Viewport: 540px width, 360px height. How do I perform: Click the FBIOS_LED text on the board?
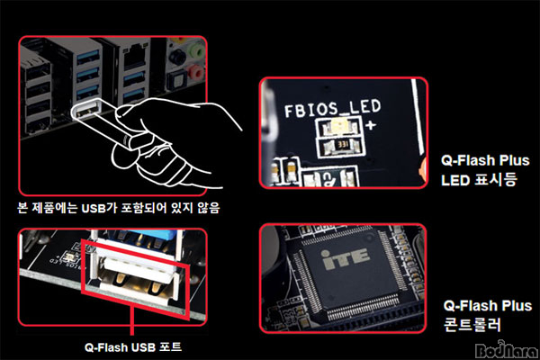(333, 107)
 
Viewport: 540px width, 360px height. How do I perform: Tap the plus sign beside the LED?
(371, 125)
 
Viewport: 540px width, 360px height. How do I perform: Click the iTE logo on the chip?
(345, 258)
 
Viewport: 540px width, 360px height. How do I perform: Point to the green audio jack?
(195, 52)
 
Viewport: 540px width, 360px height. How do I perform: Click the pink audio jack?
(195, 73)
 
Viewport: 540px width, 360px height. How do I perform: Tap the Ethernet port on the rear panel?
(134, 56)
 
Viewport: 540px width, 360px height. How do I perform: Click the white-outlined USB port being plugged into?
(86, 109)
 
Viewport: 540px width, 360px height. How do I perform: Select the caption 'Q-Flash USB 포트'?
(133, 346)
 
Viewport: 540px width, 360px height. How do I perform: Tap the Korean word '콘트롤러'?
(472, 325)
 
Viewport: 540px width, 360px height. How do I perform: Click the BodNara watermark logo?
(507, 349)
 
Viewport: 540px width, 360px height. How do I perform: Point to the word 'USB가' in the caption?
(98, 208)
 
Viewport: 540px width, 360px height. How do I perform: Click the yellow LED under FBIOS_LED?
(339, 127)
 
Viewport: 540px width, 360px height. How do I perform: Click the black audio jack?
(177, 57)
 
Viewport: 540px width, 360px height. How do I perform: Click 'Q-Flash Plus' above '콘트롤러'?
(487, 306)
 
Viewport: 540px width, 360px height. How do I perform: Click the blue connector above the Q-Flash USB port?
(162, 235)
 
